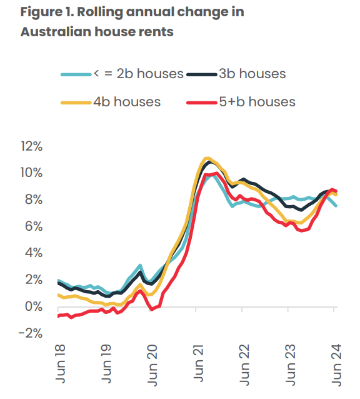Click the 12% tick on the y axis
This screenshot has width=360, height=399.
tap(31, 146)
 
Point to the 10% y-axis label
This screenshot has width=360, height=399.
tap(31, 173)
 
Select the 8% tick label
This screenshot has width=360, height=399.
tap(34, 200)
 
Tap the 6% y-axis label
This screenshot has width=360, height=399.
tap(34, 226)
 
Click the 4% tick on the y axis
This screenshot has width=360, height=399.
tap(34, 253)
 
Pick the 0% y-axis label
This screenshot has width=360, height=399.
tap(34, 306)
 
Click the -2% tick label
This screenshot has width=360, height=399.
tap(31, 333)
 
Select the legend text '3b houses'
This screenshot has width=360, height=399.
tap(252, 74)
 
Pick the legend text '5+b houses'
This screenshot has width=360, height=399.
tap(256, 101)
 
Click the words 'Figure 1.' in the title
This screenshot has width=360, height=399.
tap(47, 13)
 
